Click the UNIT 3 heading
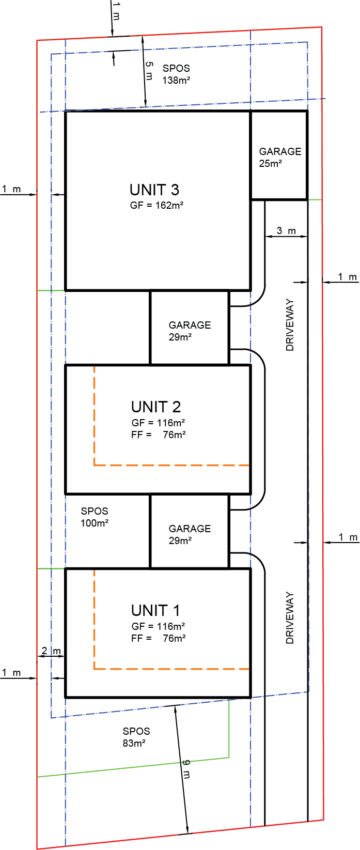[154, 190]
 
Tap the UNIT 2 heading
[156, 407]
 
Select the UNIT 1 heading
[155, 611]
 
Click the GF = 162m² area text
[156, 205]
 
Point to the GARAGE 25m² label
[280, 158]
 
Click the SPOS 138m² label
[177, 74]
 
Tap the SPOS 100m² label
[95, 517]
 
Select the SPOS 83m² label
[136, 737]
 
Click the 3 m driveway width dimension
[286, 230]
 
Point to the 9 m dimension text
[186, 768]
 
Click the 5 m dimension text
[149, 71]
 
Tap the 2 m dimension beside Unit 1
[51, 651]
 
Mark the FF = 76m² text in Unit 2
[159, 435]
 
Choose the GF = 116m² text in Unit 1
[158, 626]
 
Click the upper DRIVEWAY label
[290, 325]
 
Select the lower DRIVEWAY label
[290, 618]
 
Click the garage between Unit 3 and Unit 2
[190, 328]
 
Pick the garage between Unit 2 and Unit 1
[190, 531]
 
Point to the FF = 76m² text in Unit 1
[159, 639]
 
